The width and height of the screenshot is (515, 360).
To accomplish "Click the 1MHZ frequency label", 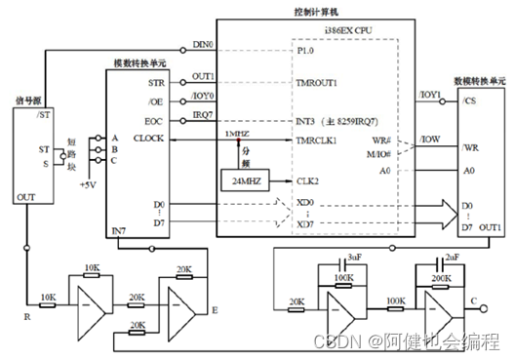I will (x=237, y=134).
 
